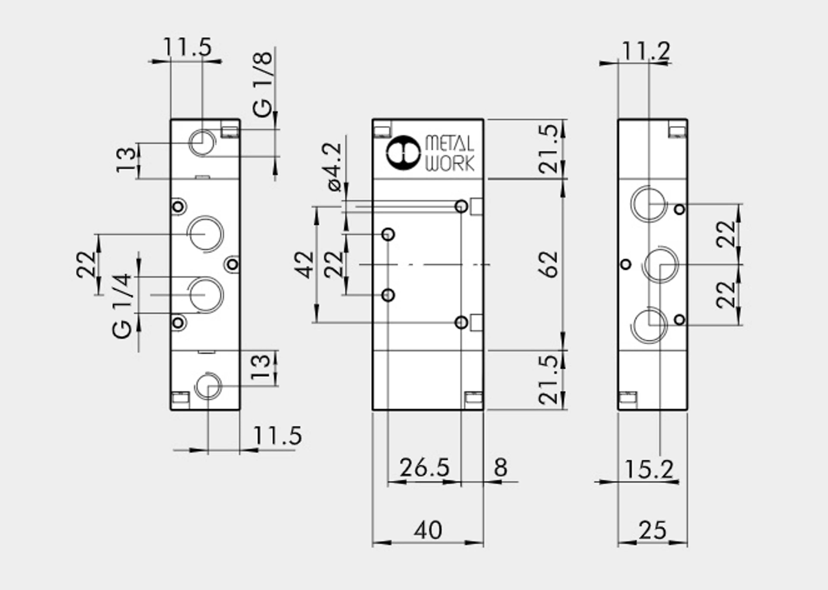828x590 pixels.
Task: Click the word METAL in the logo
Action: tap(450, 144)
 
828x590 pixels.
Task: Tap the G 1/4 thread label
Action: tap(122, 306)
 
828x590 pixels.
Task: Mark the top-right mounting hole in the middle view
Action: tap(461, 206)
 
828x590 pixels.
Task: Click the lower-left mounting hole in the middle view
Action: tap(388, 295)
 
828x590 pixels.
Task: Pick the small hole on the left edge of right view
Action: tap(626, 264)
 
